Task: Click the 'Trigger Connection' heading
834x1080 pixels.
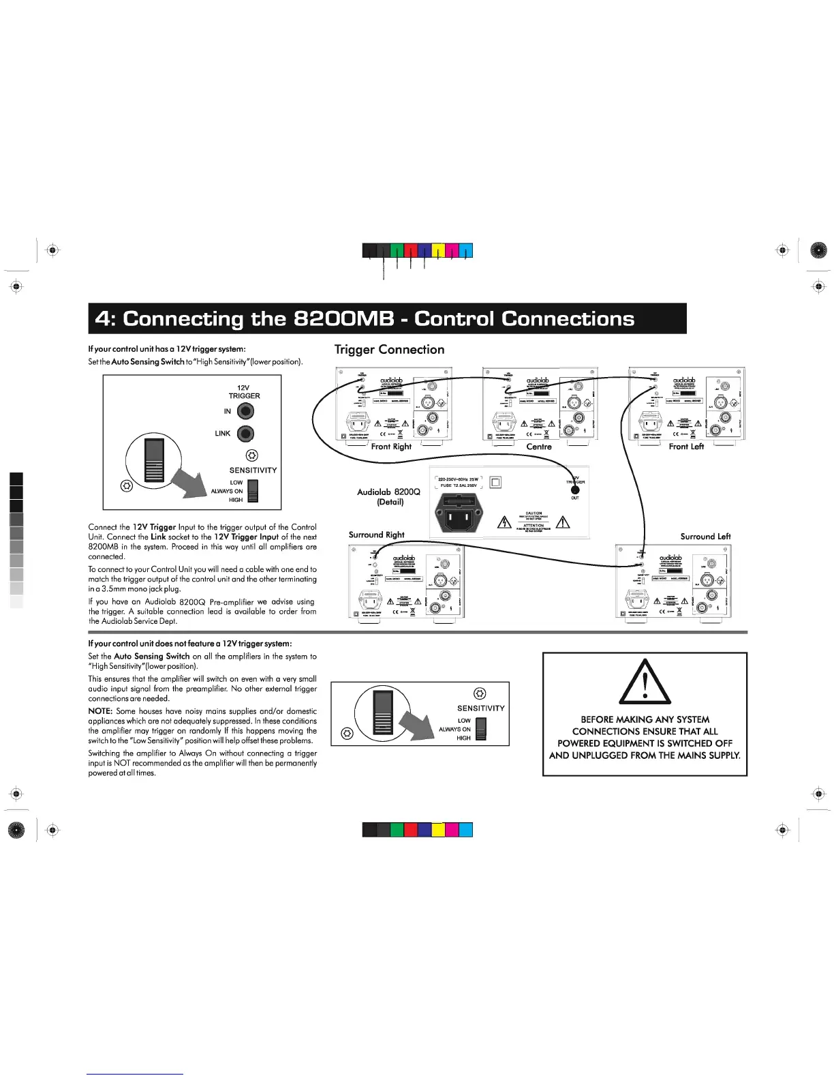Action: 389,350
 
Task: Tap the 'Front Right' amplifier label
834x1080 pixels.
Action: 391,447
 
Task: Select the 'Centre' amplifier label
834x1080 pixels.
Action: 539,447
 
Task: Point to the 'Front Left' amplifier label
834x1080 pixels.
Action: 686,447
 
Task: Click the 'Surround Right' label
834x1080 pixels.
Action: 376,535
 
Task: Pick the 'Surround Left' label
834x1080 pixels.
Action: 705,537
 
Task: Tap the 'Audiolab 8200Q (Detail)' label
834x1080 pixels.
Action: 389,496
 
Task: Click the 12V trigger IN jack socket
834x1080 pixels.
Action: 245,411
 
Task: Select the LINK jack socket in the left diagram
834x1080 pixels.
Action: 245,434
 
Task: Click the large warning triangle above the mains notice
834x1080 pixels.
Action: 645,682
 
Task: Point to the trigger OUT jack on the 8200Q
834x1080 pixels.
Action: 575,489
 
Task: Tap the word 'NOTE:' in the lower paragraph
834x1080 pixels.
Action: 100,711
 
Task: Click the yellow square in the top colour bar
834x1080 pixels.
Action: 438,250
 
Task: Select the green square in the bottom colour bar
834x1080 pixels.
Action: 397,830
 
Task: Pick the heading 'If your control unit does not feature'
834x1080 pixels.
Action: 190,644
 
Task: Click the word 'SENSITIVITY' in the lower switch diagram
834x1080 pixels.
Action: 481,708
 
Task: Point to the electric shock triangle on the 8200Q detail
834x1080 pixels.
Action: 504,523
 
